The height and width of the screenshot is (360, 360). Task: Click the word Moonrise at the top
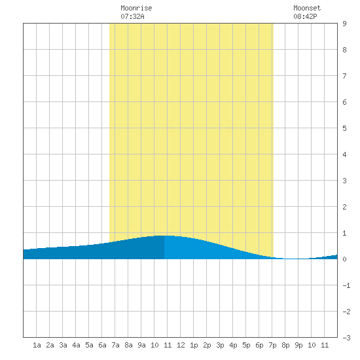(x=136, y=9)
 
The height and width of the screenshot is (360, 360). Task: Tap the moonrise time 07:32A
(x=132, y=16)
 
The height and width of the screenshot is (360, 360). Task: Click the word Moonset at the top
(x=307, y=9)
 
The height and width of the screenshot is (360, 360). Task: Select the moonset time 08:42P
(x=305, y=16)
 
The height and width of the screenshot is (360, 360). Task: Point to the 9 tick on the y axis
(x=344, y=24)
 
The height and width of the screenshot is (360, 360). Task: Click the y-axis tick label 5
(x=344, y=128)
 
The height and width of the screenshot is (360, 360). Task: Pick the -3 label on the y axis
(x=346, y=338)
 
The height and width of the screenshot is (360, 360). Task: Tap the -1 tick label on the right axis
(x=346, y=285)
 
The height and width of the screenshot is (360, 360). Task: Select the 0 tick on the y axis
(x=344, y=259)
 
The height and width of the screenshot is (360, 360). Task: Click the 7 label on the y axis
(x=344, y=76)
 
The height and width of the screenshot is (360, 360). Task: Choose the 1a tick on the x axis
(x=37, y=345)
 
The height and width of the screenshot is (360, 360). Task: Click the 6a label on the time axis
(x=102, y=345)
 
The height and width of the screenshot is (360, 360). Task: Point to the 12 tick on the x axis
(x=181, y=345)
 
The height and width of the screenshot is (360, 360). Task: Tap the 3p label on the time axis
(x=220, y=345)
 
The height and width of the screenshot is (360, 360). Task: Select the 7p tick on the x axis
(x=272, y=345)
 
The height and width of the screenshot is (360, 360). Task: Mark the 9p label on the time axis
(x=298, y=345)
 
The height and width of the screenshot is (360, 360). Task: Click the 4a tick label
(x=76, y=345)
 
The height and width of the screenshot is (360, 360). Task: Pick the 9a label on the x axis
(x=141, y=345)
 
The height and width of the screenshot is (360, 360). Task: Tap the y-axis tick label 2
(x=344, y=207)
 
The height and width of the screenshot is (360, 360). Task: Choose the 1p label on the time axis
(x=194, y=345)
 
